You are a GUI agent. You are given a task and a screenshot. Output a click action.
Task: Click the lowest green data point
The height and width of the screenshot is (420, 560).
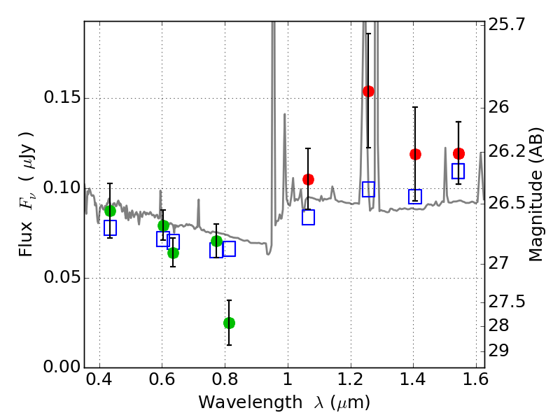pos(229,323)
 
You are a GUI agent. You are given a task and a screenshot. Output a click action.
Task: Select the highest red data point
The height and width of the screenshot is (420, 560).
pos(368,91)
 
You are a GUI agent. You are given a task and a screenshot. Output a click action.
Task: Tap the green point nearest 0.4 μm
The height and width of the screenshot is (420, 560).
pos(110,211)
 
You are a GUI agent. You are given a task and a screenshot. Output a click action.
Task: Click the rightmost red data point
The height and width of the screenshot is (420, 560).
pos(458,153)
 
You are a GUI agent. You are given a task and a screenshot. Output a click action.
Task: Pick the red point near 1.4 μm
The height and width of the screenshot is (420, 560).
pos(415,154)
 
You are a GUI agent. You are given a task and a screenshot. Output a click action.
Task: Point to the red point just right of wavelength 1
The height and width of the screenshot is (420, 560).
pos(308,179)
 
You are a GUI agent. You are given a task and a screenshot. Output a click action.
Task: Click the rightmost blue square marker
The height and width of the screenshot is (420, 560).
pos(458,171)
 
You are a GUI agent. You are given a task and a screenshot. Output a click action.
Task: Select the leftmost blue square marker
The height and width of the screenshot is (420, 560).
pos(110,227)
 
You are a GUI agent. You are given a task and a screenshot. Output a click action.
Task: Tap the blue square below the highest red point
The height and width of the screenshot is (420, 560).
pos(368,189)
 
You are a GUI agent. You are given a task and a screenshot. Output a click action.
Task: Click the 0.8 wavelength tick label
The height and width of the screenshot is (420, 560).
pos(224,381)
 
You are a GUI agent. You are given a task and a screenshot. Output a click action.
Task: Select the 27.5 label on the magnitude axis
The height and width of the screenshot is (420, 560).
pos(507,302)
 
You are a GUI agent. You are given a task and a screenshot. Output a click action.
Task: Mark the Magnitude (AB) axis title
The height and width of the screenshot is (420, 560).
pos(536,194)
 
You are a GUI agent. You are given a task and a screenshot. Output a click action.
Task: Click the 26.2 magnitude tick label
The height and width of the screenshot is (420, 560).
pos(507,151)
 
